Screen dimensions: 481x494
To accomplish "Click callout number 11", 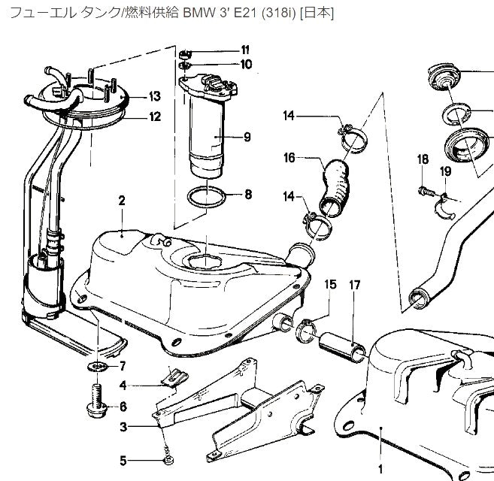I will [245, 50].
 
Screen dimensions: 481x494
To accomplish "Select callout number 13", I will [154, 96].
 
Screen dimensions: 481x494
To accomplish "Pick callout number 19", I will [445, 171].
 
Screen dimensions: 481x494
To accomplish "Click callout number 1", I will [380, 468].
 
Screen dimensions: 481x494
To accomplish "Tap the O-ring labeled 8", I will [205, 198].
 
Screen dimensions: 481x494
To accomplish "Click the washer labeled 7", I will [96, 366].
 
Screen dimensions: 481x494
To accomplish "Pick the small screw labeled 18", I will [425, 192].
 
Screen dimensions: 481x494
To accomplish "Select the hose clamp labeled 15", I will [307, 328].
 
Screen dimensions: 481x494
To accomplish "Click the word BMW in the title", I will [192, 13].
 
